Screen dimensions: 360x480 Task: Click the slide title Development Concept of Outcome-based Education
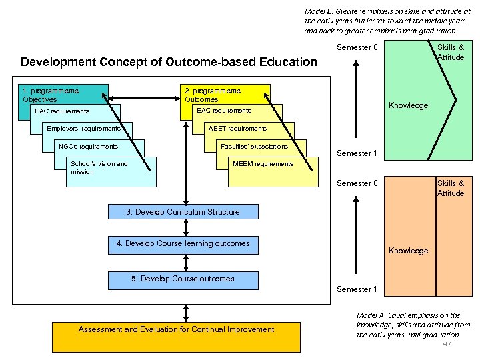tap(169, 62)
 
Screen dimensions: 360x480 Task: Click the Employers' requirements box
tap(83, 128)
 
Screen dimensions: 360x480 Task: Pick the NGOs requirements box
tap(88, 146)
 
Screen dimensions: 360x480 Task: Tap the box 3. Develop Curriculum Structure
tap(183, 212)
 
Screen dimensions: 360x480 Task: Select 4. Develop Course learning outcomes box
tap(183, 243)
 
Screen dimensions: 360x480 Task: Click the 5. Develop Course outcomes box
tap(183, 279)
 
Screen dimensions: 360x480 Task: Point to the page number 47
tap(446, 344)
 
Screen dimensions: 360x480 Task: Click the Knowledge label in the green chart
tap(408, 105)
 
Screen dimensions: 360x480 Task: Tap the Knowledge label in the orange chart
tap(408, 251)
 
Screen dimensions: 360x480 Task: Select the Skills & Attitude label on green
tap(451, 52)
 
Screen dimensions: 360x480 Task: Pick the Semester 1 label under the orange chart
tap(357, 289)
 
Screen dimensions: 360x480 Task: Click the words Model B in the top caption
tap(319, 11)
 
